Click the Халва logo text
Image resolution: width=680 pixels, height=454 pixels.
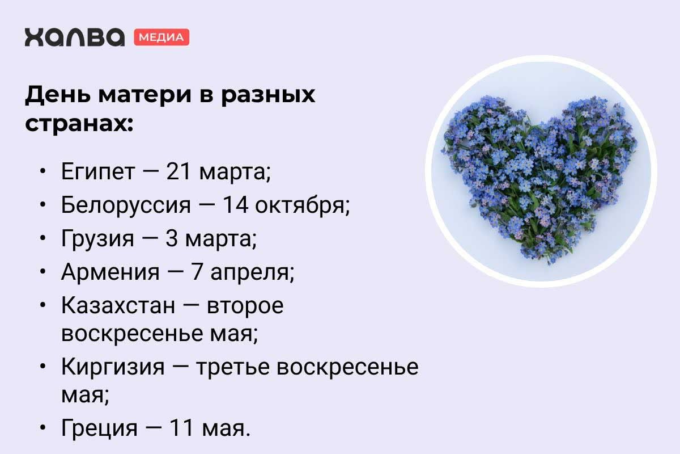coord(74,37)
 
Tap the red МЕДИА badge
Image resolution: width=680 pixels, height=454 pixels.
coord(161,37)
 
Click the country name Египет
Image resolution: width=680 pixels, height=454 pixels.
coord(97,173)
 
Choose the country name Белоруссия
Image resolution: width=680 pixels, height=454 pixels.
coord(126,205)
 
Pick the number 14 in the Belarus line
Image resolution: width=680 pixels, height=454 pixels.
coord(236,205)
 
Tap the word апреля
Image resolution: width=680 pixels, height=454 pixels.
coord(252,273)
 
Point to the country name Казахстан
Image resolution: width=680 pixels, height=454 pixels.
coord(118,306)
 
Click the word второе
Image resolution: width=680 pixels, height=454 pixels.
coord(245,306)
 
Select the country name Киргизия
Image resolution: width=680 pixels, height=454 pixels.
coord(113,368)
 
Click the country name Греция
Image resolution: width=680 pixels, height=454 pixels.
coord(99,428)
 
